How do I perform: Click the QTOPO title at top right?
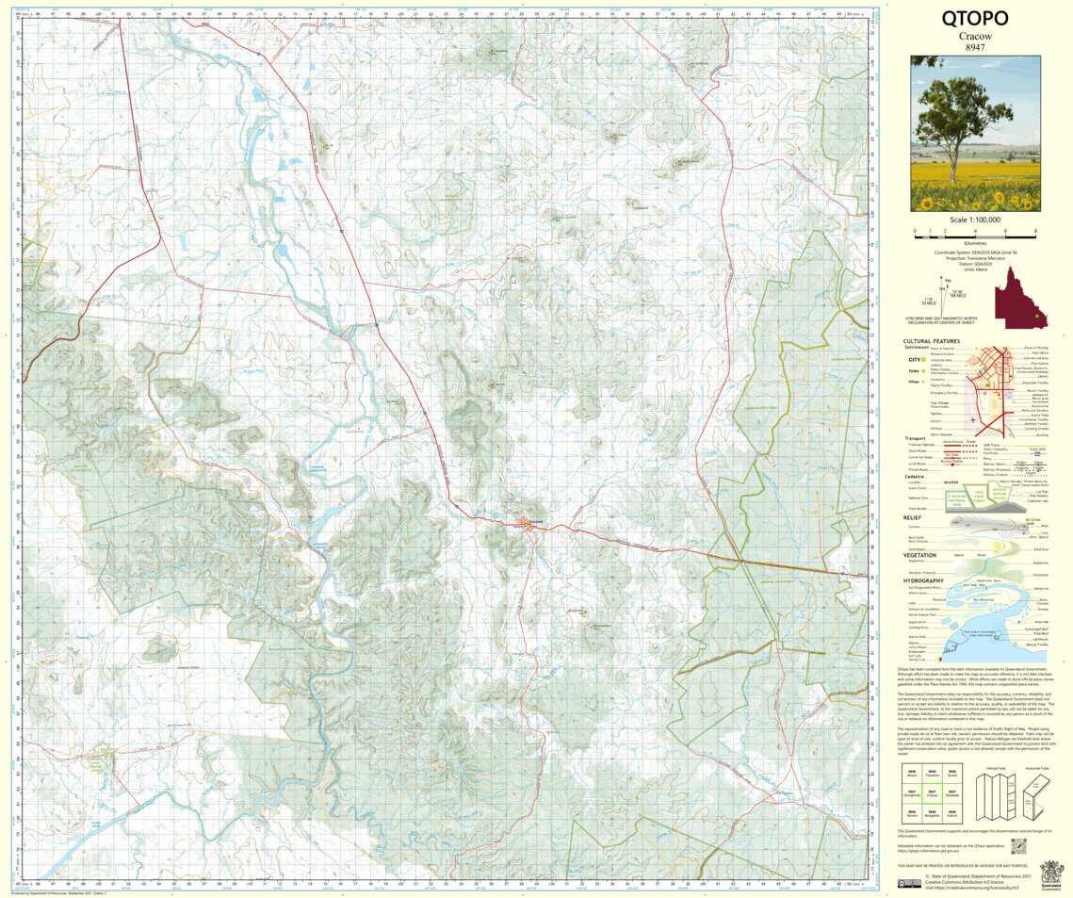click(975, 18)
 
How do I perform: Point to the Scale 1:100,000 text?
click(975, 219)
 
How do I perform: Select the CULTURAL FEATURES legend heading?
click(931, 341)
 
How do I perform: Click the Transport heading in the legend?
click(916, 438)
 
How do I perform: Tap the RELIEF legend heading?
click(912, 517)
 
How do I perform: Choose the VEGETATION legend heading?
click(919, 555)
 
